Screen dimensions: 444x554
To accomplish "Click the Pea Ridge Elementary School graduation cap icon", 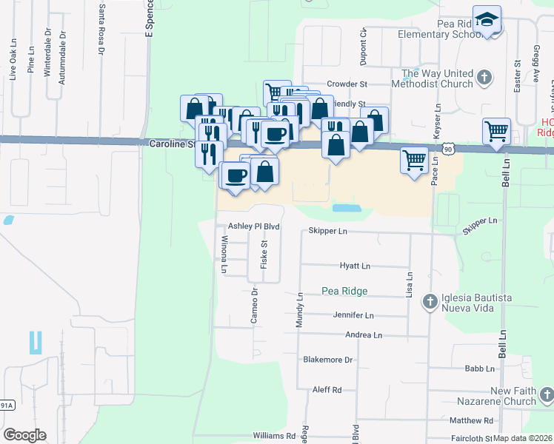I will point(487,19).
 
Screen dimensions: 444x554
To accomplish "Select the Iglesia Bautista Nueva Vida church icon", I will point(430,301).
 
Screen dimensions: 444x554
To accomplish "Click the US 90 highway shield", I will point(449,149).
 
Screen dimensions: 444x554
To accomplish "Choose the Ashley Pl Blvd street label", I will point(253,226).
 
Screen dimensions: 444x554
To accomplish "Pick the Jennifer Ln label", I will point(353,315).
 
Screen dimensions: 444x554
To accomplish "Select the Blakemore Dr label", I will point(328,360).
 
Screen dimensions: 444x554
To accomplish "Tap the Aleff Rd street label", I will point(327,389).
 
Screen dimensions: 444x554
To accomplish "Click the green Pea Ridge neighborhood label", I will point(345,291).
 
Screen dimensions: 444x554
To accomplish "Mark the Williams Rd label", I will point(274,436).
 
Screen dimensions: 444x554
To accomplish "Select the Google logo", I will point(24,435).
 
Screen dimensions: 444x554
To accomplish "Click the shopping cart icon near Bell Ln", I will point(495,132).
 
